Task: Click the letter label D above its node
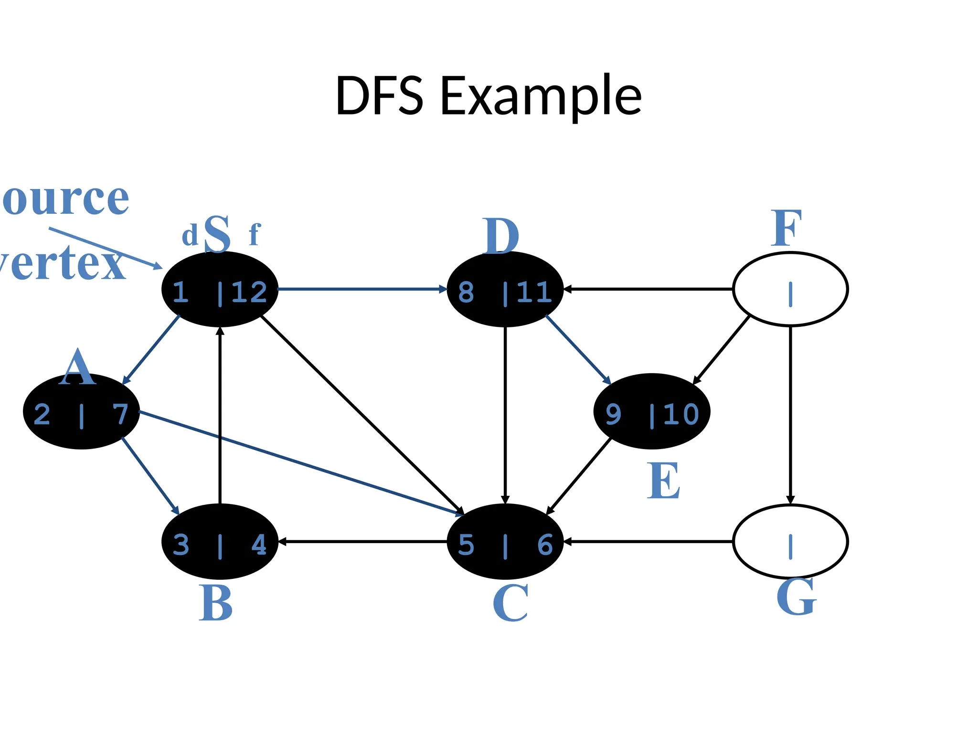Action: (500, 236)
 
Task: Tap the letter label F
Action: (786, 229)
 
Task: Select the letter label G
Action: (796, 597)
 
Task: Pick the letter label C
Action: (510, 603)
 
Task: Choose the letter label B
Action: (215, 603)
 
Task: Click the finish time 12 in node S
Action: (249, 292)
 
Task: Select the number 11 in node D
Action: (534, 292)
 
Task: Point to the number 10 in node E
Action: (681, 414)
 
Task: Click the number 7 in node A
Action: (120, 414)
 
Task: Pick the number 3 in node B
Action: (181, 545)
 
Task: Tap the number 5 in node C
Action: (466, 545)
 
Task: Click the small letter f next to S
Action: (254, 235)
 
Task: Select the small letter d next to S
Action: (190, 236)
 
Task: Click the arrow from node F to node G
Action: (790, 415)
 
